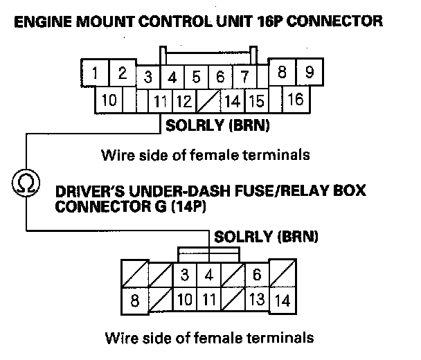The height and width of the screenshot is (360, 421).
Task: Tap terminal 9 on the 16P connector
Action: (310, 72)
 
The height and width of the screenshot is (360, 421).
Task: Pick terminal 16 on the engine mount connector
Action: (296, 100)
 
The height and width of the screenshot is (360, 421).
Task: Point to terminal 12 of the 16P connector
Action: (183, 102)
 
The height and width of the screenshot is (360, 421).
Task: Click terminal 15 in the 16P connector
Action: (256, 102)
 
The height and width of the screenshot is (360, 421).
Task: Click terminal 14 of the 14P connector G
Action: (282, 301)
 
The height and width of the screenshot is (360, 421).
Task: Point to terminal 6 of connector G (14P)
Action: (256, 275)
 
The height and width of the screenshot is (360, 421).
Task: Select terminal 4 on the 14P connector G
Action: (208, 275)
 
